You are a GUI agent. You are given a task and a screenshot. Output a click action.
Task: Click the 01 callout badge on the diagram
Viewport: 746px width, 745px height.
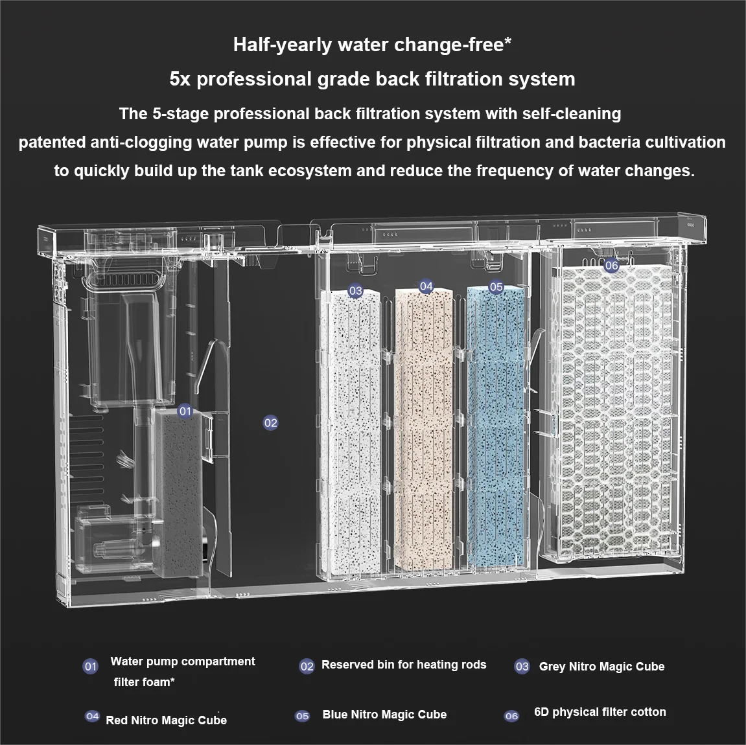[x=185, y=411]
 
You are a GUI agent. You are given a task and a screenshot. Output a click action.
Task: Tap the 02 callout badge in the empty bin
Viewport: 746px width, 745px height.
[x=270, y=422]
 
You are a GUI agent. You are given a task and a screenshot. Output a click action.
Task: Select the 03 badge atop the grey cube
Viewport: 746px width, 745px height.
[x=355, y=290]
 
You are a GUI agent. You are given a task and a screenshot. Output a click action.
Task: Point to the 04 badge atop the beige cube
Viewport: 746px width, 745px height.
[x=426, y=286]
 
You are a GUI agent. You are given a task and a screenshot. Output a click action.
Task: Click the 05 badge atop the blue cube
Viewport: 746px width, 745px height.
[x=496, y=287]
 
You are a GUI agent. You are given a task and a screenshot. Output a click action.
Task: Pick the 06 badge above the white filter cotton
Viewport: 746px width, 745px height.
[x=611, y=266]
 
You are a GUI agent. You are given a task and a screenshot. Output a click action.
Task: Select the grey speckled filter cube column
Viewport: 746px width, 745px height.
[x=351, y=433]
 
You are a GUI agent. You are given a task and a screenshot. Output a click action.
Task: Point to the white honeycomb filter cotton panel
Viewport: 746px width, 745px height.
[x=617, y=409]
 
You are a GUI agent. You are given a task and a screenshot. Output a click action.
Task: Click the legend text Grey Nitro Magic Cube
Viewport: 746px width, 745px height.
[x=601, y=667]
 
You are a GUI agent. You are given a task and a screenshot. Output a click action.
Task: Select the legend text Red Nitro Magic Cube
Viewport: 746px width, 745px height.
[x=166, y=720]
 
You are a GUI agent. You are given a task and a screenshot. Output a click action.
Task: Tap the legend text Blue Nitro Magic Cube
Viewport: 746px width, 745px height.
[x=384, y=715]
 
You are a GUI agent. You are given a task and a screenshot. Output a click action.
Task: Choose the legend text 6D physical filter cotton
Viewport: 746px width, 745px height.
[x=600, y=712]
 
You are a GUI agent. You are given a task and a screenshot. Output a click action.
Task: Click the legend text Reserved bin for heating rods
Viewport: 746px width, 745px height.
[x=404, y=665]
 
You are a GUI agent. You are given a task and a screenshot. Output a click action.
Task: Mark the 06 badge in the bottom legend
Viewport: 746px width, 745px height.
[x=511, y=716]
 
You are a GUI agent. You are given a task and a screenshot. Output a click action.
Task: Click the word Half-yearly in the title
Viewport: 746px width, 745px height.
[x=283, y=45]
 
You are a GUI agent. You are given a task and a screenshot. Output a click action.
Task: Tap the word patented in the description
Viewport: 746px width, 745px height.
[x=51, y=143]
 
